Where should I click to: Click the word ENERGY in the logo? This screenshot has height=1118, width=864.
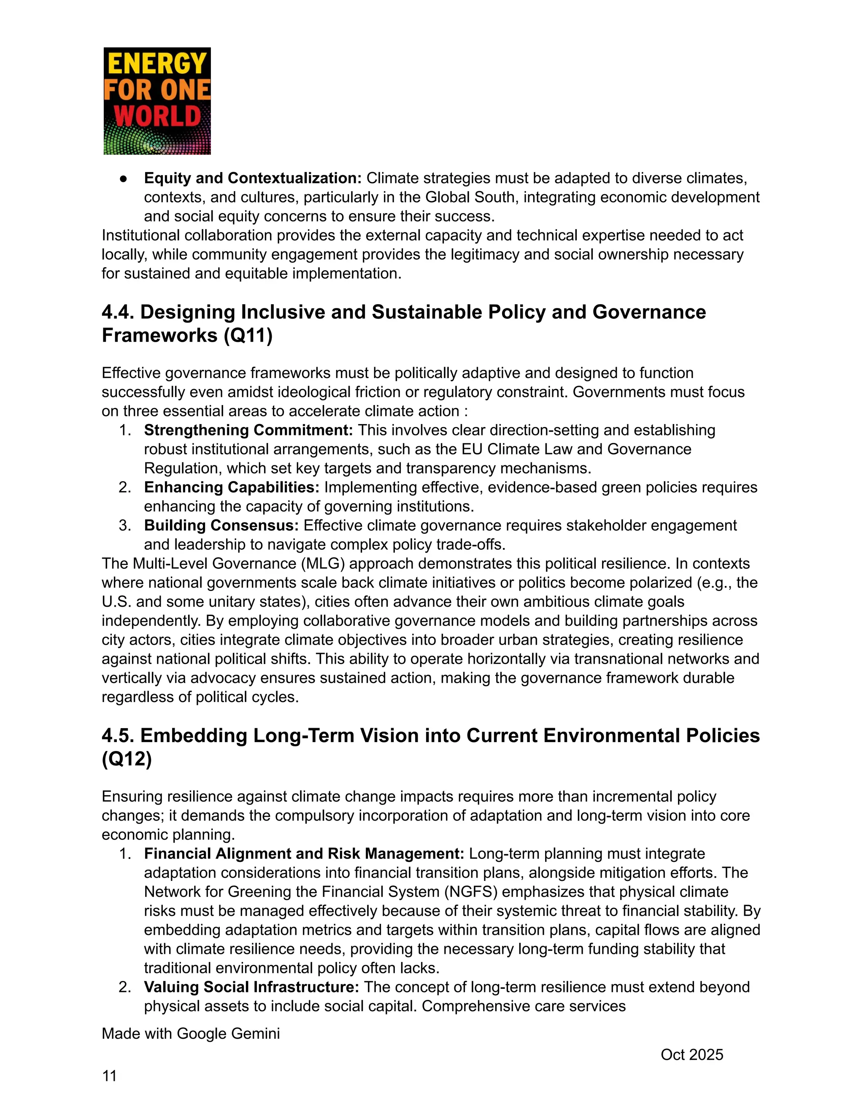(x=157, y=64)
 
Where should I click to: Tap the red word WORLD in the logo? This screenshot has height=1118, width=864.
(x=157, y=116)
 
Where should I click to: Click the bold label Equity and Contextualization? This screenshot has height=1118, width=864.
(x=252, y=178)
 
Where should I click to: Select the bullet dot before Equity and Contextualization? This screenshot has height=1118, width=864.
(x=123, y=178)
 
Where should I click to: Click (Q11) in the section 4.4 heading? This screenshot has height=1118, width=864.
(x=248, y=335)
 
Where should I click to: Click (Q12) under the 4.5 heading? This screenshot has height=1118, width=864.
(x=127, y=759)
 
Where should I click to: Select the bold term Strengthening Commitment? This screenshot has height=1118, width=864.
(x=248, y=430)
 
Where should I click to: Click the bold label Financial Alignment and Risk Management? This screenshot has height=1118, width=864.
(x=303, y=853)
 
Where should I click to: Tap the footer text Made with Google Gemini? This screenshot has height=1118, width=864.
(x=190, y=1034)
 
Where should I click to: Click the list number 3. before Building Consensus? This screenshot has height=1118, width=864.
(x=124, y=525)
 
